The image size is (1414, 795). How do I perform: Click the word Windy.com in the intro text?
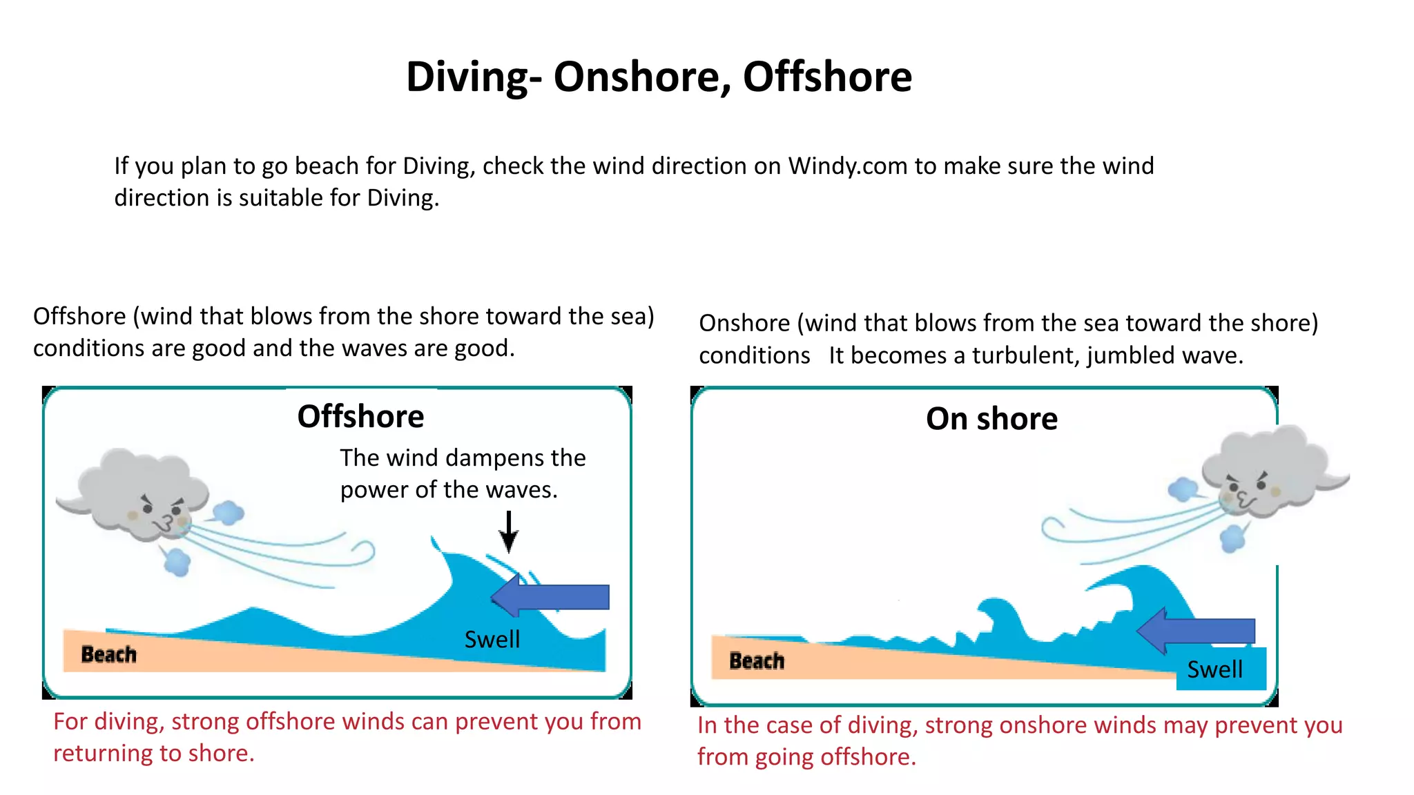pyautogui.click(x=848, y=166)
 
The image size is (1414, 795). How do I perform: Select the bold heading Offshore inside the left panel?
pyautogui.click(x=360, y=417)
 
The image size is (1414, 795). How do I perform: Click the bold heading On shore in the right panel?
pyautogui.click(x=991, y=419)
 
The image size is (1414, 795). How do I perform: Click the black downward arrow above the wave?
pyautogui.click(x=509, y=531)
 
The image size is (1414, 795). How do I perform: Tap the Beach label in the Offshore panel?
pyautogui.click(x=108, y=654)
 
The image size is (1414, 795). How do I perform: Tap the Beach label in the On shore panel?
pyautogui.click(x=757, y=661)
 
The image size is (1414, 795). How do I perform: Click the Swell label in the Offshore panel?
pyautogui.click(x=492, y=640)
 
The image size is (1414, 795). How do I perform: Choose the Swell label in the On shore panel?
pyautogui.click(x=1214, y=669)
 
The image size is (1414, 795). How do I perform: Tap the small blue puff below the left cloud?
pyautogui.click(x=177, y=562)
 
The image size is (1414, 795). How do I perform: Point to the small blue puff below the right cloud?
pyautogui.click(x=1232, y=538)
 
